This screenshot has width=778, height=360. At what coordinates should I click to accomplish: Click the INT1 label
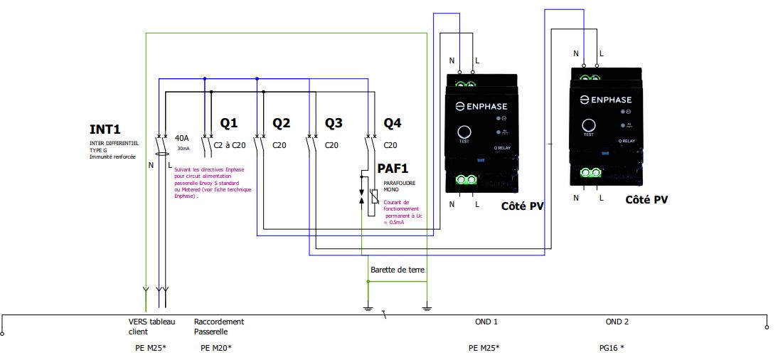(105, 129)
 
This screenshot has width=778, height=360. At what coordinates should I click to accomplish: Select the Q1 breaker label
(229, 123)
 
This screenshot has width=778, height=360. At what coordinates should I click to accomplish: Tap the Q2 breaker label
(282, 123)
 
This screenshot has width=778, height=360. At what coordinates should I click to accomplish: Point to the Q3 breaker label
(334, 123)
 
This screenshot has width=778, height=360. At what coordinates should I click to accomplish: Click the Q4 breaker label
(393, 123)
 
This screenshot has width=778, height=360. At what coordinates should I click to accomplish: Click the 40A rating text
(181, 137)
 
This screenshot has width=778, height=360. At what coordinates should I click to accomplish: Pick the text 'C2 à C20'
(229, 144)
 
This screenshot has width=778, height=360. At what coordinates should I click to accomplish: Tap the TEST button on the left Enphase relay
(464, 132)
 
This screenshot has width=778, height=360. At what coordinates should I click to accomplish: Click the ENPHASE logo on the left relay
(481, 106)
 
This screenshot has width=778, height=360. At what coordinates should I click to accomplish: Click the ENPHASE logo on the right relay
(606, 100)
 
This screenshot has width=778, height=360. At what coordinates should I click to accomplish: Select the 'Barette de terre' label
(395, 270)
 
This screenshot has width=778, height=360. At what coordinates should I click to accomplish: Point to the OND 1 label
(486, 322)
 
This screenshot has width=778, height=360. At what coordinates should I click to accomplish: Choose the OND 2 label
(617, 322)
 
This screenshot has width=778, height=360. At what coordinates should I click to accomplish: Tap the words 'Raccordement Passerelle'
(218, 327)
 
